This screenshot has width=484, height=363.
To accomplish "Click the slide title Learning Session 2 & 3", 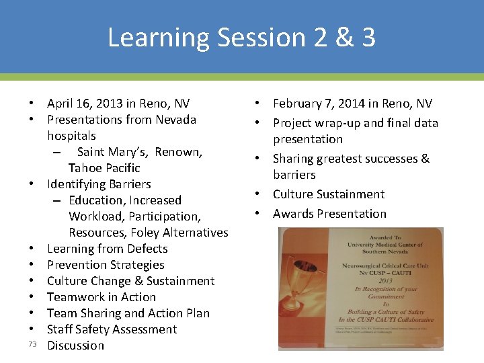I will pos(241,37).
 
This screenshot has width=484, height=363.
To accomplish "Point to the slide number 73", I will pos(32,344).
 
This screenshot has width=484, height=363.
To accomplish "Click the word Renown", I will pos(178,152).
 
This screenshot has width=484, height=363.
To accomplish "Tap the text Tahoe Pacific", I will pos(104,168).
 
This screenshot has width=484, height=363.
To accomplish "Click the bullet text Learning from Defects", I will pos(107,249).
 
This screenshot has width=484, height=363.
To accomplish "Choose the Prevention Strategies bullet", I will pos(106,265).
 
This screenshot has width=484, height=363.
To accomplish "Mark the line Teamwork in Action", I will pos(101,297).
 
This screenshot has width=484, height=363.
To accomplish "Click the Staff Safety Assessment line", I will pos(112,329).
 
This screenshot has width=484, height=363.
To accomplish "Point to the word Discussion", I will pos(75,346).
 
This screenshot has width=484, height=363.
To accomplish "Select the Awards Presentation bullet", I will pos(329,214).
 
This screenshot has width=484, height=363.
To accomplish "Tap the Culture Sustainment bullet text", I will pos(329,194).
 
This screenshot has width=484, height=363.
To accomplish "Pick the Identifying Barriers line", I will pos(99,184).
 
